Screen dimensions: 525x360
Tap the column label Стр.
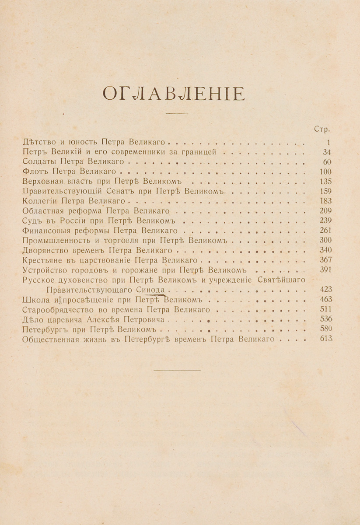[322, 129]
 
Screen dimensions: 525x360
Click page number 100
[325, 171]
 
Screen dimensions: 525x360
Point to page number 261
[325, 230]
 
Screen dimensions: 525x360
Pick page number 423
[326, 289]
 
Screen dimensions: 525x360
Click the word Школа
[36, 299]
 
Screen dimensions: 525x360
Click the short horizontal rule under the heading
[178, 114]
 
